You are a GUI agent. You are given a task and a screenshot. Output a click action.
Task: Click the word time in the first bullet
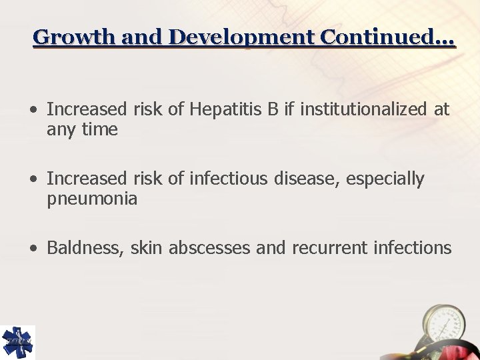click(x=99, y=129)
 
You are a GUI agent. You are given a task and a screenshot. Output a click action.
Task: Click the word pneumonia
click(x=92, y=199)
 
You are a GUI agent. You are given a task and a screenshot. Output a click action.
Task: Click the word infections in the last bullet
click(x=410, y=248)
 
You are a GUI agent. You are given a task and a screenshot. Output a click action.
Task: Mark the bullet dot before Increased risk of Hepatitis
click(x=34, y=110)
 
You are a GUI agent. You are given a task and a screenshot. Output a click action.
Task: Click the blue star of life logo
click(x=17, y=342)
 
